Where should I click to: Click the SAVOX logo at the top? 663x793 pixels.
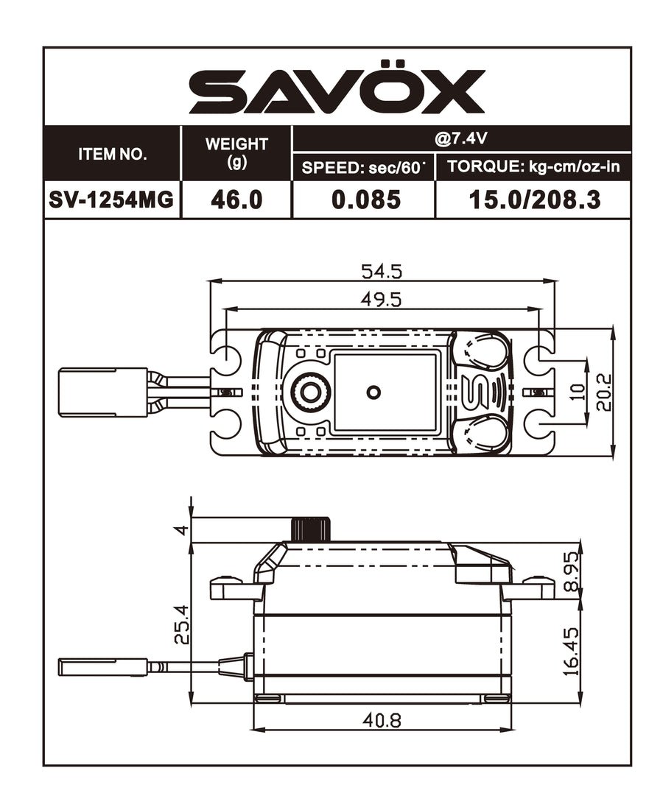click(337, 91)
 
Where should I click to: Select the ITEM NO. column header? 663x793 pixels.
click(112, 155)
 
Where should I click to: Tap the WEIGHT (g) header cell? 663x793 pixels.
click(236, 153)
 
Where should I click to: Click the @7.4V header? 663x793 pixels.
click(460, 138)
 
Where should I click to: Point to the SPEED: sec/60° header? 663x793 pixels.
click(364, 167)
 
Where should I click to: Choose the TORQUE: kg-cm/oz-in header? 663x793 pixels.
click(533, 167)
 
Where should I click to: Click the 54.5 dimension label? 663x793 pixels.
click(381, 272)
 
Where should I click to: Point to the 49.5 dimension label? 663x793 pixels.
click(381, 300)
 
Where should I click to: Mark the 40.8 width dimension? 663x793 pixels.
click(381, 720)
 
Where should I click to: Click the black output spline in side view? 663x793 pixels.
click(309, 529)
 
